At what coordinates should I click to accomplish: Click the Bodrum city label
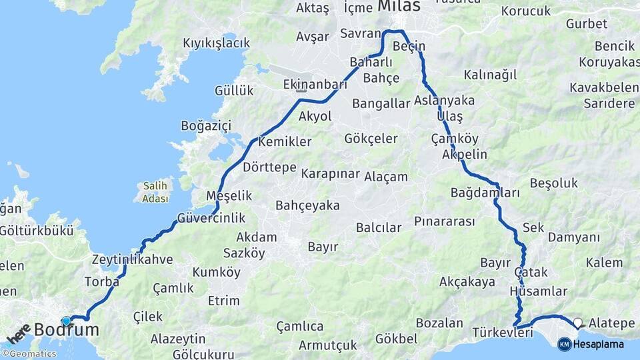pos(66,329)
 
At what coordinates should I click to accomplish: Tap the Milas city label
pos(399,6)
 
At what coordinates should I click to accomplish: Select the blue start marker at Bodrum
pos(66,321)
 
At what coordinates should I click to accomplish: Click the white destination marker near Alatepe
pos(577,323)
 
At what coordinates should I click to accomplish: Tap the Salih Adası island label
pos(155,192)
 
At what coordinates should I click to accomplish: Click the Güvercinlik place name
pos(211,218)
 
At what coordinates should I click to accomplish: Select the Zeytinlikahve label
pos(132,259)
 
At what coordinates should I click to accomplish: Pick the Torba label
pos(101,281)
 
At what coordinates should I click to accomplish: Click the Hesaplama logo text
pos(598,344)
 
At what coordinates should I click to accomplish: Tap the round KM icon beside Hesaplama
pos(564,344)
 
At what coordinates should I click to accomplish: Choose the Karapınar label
pos(330,173)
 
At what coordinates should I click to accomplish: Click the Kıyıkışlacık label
pos(216,43)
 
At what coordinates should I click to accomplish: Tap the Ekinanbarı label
pos(315,85)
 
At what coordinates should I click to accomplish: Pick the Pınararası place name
pos(444,221)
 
